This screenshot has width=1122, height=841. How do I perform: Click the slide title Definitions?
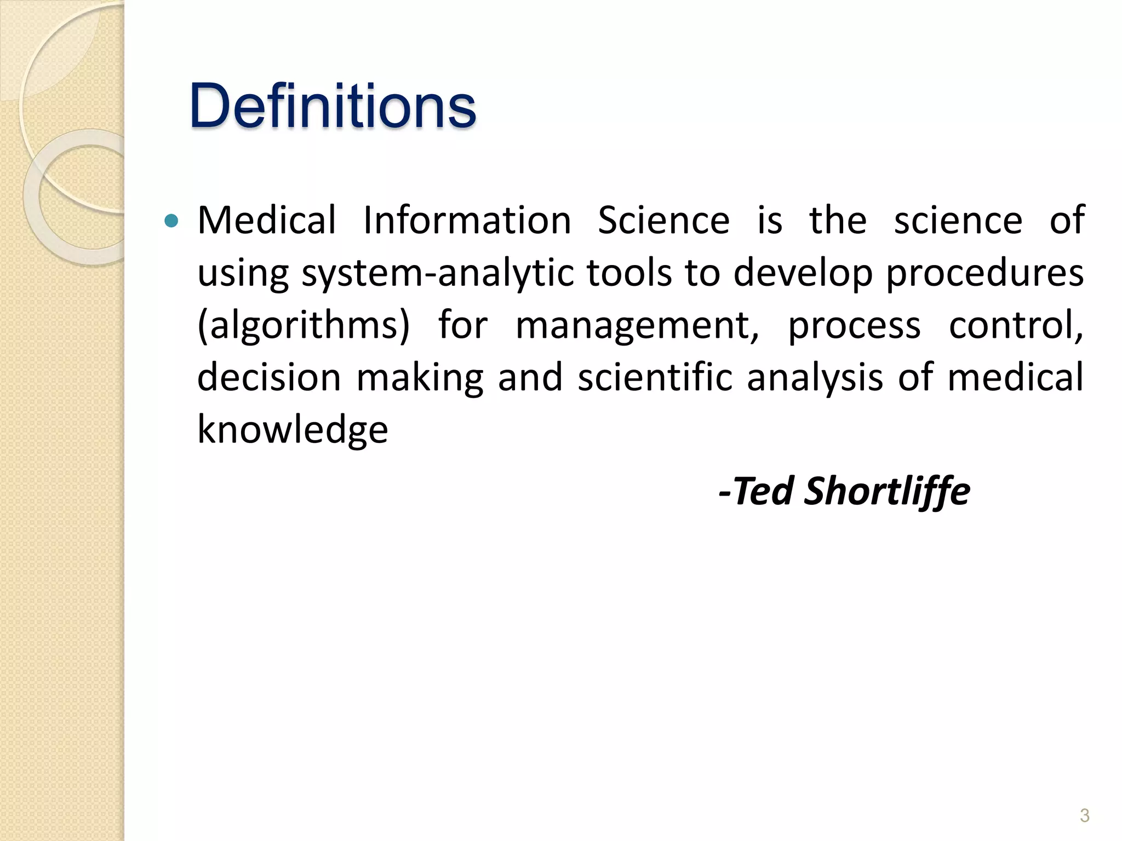coord(333,105)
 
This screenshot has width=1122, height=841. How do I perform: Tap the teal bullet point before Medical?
coord(171,221)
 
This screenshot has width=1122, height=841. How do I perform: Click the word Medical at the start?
coord(267,220)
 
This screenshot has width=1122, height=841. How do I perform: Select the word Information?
coord(467,220)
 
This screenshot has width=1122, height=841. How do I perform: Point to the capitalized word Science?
coord(663,220)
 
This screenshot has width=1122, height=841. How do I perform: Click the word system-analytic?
coord(438,273)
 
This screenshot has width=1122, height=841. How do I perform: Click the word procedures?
coord(985,273)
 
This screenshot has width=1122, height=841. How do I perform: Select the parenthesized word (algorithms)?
coord(304,326)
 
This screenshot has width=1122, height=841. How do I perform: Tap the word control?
coord(1016,325)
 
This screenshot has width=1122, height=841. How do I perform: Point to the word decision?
coord(269,378)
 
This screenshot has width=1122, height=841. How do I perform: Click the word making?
coord(420,378)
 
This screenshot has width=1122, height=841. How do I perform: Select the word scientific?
coord(655,378)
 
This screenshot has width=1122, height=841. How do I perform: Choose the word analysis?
coord(815,378)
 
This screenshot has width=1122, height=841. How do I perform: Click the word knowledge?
coord(293,430)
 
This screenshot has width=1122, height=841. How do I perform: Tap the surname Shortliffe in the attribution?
coord(887,491)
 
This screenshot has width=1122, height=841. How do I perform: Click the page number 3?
coord(1084,815)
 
